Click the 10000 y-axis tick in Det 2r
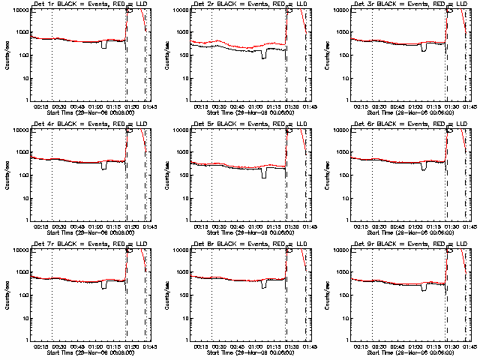tap(177, 10)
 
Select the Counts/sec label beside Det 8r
tap(167, 295)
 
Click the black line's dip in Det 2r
tap(264, 55)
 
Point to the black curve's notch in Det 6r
tap(425, 166)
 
